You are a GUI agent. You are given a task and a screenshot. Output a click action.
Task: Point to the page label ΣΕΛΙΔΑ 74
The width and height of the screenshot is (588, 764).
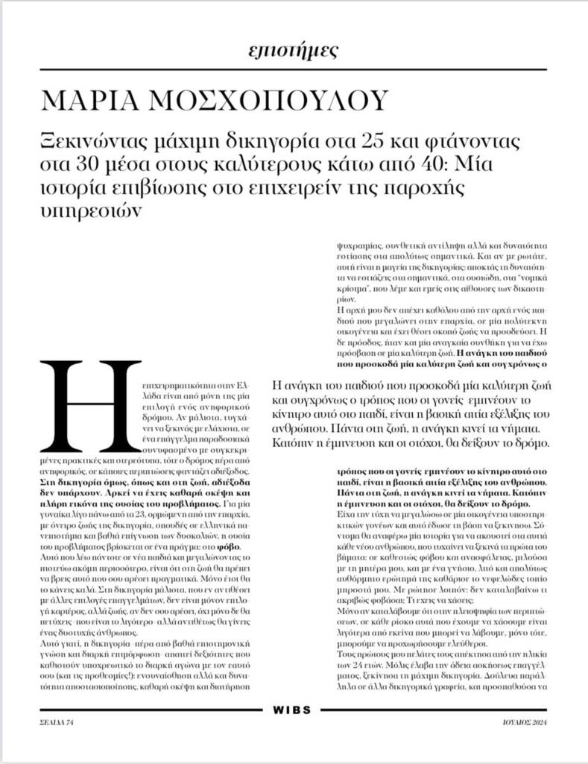(57, 722)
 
